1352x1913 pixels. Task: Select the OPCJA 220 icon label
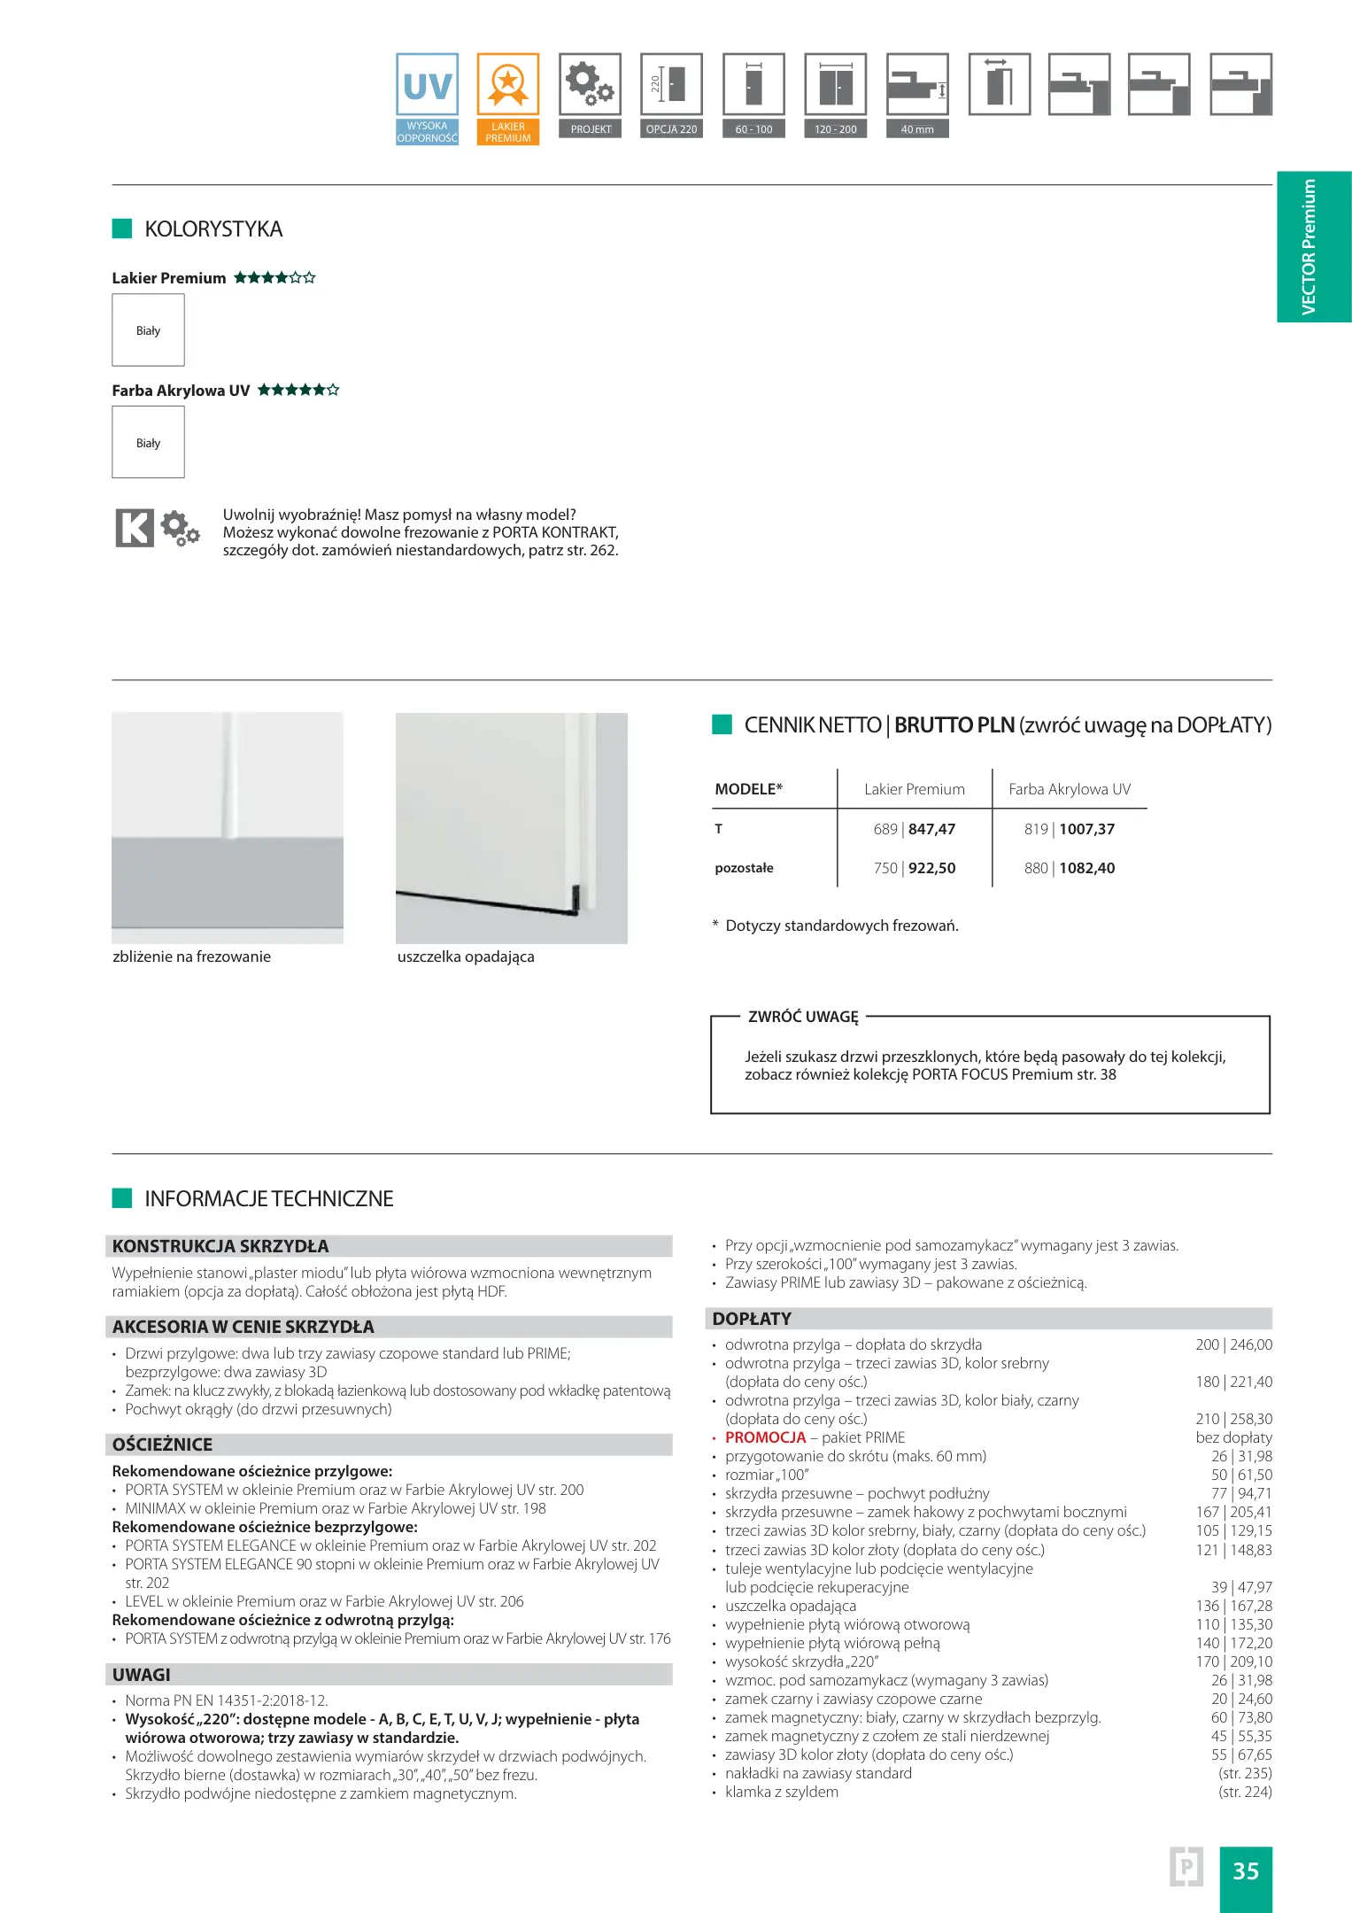671,129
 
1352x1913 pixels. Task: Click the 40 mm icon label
917,129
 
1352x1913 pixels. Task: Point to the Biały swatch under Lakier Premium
148,330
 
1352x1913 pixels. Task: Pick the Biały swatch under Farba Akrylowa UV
148,443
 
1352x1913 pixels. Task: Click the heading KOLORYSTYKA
213,229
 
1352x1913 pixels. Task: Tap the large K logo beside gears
135,528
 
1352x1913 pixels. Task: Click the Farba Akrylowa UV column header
1070,789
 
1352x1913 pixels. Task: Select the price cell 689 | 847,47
914,829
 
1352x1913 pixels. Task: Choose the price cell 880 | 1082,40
1070,868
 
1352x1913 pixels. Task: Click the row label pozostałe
744,868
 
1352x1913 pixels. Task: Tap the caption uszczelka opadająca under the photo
466,956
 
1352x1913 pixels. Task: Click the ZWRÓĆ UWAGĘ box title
803,1017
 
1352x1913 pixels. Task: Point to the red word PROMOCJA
765,1437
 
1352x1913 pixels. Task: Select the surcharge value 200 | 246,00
1233,1344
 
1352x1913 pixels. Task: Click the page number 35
1245,1870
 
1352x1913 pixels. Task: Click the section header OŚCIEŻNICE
162,1444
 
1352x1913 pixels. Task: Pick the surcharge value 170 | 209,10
1233,1661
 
